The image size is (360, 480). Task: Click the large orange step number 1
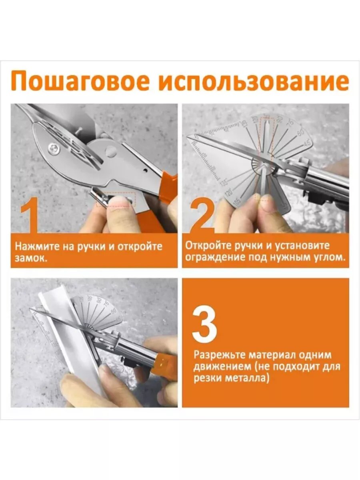30,215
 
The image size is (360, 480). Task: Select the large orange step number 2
202,215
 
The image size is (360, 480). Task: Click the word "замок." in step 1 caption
31,259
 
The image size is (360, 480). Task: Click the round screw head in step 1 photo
54,149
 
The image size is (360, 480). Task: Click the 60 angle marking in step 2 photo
301,132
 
